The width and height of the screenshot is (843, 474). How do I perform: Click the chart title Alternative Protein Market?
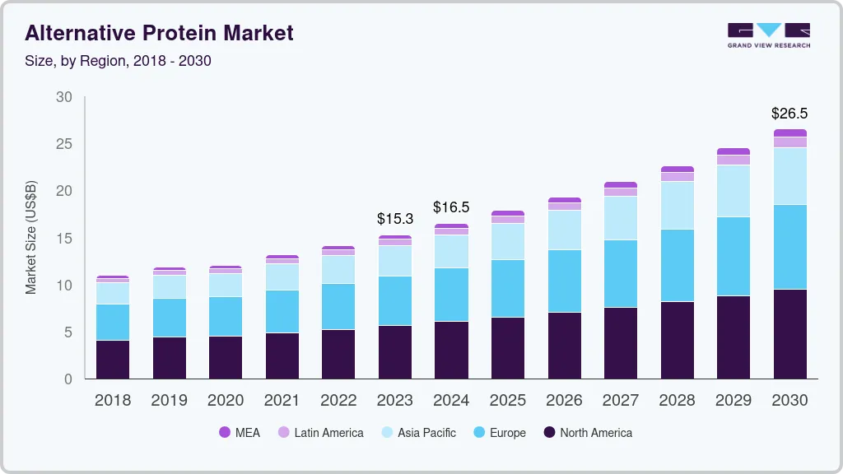pos(159,33)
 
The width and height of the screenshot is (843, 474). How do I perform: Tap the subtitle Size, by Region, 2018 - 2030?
pos(118,61)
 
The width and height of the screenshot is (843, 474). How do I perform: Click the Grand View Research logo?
pos(768,35)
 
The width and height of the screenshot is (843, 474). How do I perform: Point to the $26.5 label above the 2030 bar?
pos(789,113)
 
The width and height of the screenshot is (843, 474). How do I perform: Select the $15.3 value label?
pos(395,219)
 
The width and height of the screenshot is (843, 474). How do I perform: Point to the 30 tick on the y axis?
pos(64,97)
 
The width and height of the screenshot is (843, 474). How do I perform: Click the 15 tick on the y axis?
pos(64,239)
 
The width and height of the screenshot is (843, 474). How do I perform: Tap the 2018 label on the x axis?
pos(112,401)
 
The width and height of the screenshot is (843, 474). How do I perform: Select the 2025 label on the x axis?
pos(508,401)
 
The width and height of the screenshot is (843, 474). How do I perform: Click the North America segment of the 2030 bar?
pos(790,334)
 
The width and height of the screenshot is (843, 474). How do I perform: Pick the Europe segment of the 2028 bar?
pos(678,265)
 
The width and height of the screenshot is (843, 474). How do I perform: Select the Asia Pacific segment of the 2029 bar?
pos(734,191)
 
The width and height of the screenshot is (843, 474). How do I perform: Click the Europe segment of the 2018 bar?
pos(113,322)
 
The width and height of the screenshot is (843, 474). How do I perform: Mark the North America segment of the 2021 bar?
pos(282,355)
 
